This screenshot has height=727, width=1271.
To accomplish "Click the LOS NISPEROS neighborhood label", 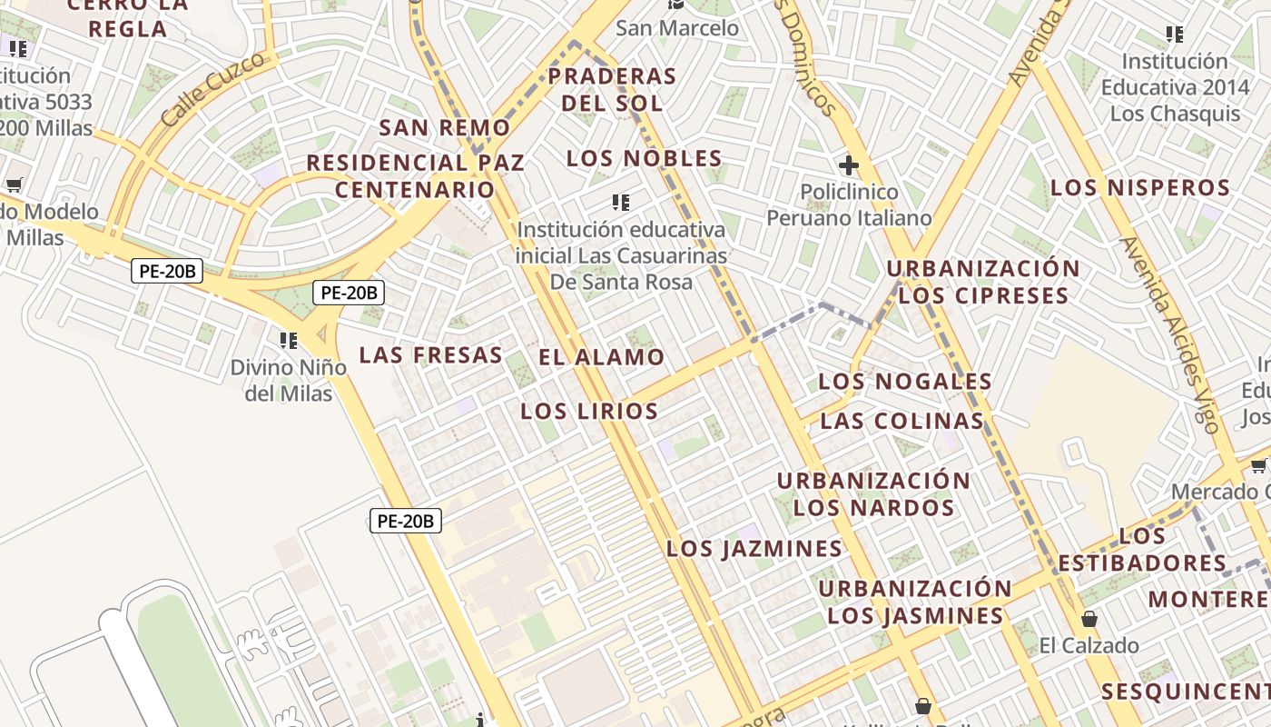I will [x=1139, y=188].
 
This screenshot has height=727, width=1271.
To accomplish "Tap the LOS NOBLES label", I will [x=644, y=159].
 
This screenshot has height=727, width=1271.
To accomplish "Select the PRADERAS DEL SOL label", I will [x=612, y=89].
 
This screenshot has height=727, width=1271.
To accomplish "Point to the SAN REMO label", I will [x=445, y=127].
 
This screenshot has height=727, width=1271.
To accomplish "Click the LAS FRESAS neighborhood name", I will [x=430, y=354].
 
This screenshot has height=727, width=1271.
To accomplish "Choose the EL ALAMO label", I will [x=601, y=357].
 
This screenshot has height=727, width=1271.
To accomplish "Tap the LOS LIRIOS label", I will [x=588, y=411].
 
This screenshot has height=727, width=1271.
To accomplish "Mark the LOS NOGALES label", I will [x=905, y=381].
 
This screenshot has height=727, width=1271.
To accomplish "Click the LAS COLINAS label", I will [x=902, y=421].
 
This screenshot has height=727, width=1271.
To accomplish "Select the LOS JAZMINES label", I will [x=754, y=549].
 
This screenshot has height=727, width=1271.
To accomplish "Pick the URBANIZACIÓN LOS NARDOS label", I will [x=873, y=493].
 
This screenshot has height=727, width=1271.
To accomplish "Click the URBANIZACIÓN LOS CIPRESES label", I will [x=983, y=283].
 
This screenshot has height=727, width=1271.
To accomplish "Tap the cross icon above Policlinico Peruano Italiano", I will [x=849, y=165].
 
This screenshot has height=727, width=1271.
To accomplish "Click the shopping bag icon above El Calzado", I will [x=1089, y=620].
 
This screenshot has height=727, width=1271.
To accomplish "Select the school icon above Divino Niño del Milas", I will [x=289, y=341].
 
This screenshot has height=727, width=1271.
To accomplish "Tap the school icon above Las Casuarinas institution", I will [x=621, y=202].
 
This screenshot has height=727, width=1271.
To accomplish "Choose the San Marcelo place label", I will [x=677, y=28].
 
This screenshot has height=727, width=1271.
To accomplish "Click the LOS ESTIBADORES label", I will [x=1141, y=550].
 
